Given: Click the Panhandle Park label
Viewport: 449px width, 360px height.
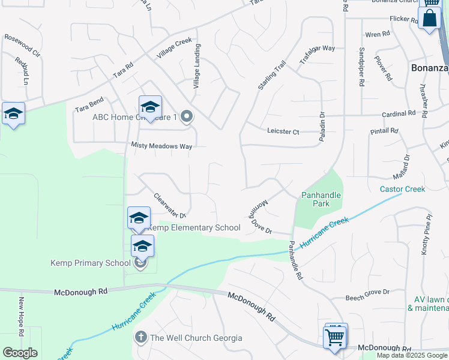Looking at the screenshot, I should [x=321, y=199].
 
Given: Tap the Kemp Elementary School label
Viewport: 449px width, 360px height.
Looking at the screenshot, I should [x=194, y=228].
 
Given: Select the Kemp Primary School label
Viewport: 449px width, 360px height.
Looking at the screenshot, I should [x=90, y=263].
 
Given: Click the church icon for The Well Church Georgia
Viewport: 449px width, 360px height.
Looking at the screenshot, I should [x=140, y=338].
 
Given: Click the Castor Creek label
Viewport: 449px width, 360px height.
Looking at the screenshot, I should [x=402, y=189].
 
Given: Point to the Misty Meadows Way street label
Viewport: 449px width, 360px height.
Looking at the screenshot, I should [x=162, y=146].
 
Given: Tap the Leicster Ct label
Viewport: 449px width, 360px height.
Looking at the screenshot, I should [x=283, y=131].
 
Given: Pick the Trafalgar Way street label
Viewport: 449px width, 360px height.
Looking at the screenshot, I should [x=316, y=49].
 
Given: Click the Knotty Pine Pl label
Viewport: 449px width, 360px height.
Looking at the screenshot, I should [x=425, y=234].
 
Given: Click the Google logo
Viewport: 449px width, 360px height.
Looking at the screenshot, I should [x=20, y=352].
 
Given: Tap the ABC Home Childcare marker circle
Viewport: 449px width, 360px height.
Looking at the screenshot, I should [x=187, y=117].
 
